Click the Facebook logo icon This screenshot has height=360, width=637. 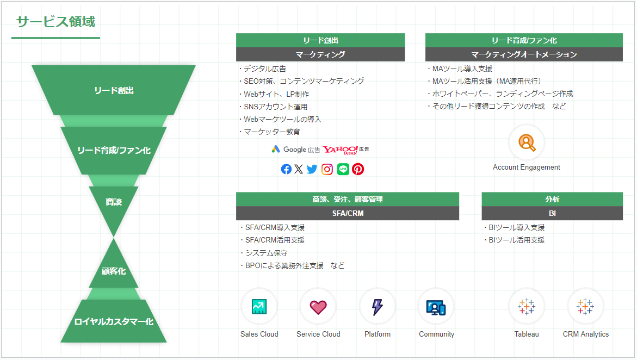coord(286,169)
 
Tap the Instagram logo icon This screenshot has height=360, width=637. coord(327,169)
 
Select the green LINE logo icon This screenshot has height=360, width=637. coord(343,169)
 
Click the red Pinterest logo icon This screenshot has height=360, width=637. coord(358,169)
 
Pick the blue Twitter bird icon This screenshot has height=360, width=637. coord(312,169)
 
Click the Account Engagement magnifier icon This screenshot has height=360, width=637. coord(527,142)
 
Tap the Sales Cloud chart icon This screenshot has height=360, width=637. coord(259,306)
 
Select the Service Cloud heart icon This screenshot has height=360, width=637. coord(318,307)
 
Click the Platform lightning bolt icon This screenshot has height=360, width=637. coord(378,307)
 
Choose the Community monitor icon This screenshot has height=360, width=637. coord(436,308)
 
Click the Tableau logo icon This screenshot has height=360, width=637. coord(527,306)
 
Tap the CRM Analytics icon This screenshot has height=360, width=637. coord(585,306)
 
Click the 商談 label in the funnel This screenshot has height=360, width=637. coord(114,202)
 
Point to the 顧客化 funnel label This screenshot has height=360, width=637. coord(114,271)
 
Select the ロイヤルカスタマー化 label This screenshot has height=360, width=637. coord(114,321)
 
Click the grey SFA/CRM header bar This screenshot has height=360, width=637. coord(348,213)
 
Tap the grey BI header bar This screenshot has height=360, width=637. coord(552,213)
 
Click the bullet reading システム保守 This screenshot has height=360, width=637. coord(264,253)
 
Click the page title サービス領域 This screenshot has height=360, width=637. coord(55,22)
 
